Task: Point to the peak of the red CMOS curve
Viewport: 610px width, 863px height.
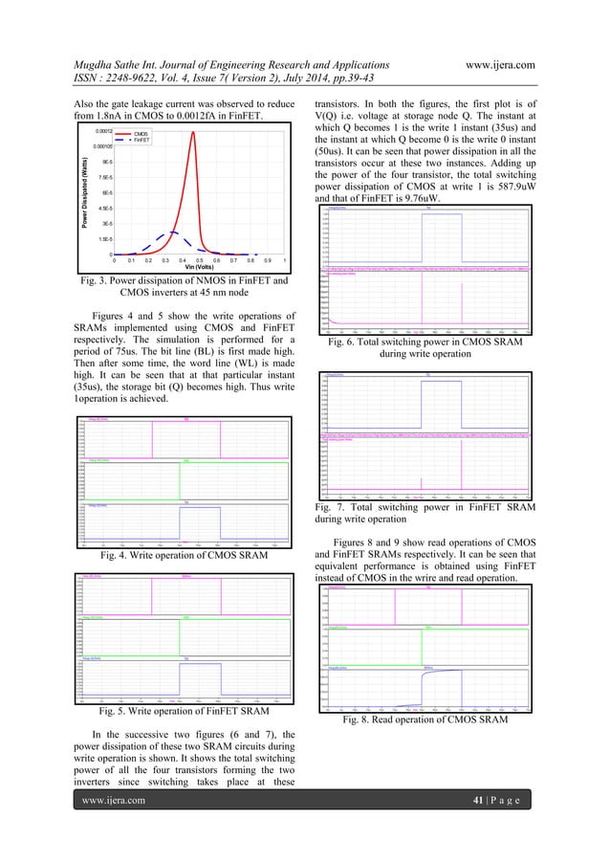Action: coord(194,133)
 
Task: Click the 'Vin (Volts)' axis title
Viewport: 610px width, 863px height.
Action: coord(199,267)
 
